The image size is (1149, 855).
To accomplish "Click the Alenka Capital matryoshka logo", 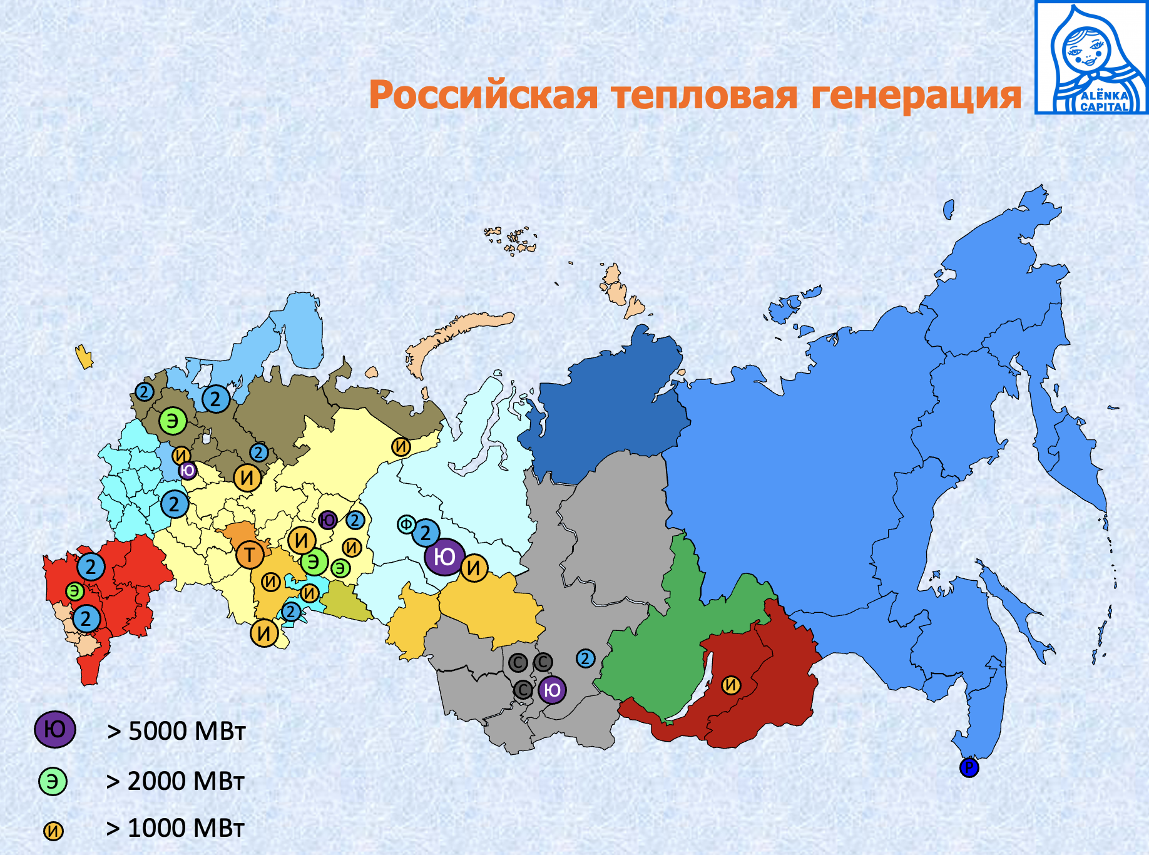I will click(1091, 58).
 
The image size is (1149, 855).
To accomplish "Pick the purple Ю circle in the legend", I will click(55, 730).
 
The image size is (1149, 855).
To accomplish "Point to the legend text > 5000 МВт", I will click(176, 731).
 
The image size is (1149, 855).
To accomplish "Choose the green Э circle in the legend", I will click(53, 781).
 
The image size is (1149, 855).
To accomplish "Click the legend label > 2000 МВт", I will click(175, 781).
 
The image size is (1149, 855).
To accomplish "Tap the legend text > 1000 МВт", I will click(175, 828).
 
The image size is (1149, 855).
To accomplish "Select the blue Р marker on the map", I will click(969, 767).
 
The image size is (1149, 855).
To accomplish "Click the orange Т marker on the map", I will click(250, 555).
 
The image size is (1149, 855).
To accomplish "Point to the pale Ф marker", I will click(406, 525).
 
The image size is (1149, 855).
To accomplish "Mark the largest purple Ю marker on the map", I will click(444, 556).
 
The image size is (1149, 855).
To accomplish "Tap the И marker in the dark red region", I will click(731, 685).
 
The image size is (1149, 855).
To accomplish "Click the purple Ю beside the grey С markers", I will click(551, 690).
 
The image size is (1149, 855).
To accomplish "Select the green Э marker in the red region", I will click(75, 591).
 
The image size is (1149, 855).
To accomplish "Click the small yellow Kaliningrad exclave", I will click(84, 357).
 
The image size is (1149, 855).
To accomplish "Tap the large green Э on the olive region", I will click(173, 421).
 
